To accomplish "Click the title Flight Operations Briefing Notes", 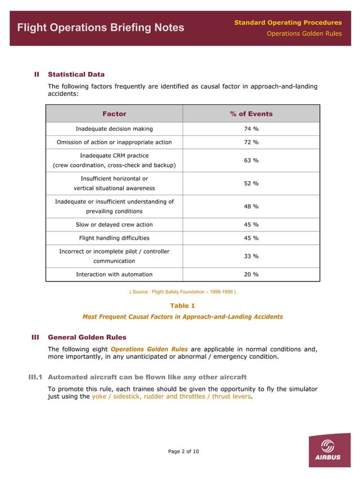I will (x=100, y=28).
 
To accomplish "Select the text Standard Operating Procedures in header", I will (x=288, y=23).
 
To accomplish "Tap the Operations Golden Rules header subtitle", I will (x=304, y=34).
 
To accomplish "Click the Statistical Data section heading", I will (x=76, y=74).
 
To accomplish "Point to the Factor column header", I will (x=114, y=114).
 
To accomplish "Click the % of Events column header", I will (x=251, y=114).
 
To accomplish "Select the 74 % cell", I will (x=251, y=129).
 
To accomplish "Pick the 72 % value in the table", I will (x=251, y=142).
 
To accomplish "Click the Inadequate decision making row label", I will (x=114, y=129).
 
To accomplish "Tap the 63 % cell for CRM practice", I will (x=251, y=161).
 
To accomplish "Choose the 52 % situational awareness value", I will (x=251, y=183).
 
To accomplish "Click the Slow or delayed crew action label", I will (x=114, y=225).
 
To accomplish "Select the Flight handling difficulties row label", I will (x=114, y=238).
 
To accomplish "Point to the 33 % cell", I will (x=251, y=256).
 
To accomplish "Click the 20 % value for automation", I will (x=251, y=274).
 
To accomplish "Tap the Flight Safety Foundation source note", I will (x=183, y=292).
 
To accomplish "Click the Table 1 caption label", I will (x=183, y=306).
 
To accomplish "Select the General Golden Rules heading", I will (x=87, y=337).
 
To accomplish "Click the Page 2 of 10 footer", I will (x=183, y=451).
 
